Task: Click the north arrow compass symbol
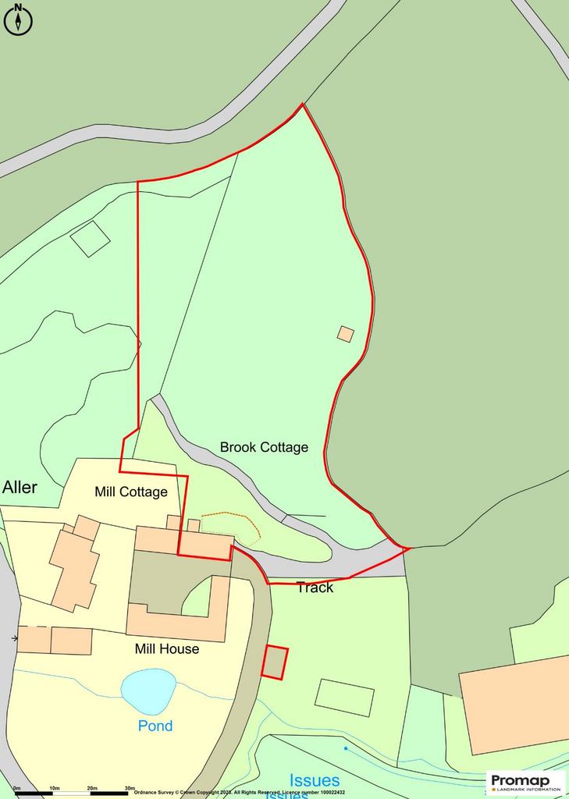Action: coord(18,20)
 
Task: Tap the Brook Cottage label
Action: coord(264,447)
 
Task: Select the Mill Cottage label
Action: coord(131,492)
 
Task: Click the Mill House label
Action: coord(166,648)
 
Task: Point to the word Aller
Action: coord(20,488)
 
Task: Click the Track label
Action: coord(315,588)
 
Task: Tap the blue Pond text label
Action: coord(155,726)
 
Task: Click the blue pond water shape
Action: coord(148,690)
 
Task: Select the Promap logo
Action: coord(526,782)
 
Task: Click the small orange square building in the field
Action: coord(346,334)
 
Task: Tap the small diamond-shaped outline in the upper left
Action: coord(91,238)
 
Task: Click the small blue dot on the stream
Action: coord(346,748)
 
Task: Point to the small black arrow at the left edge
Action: coord(15,638)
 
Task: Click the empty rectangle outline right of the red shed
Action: coord(344,697)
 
